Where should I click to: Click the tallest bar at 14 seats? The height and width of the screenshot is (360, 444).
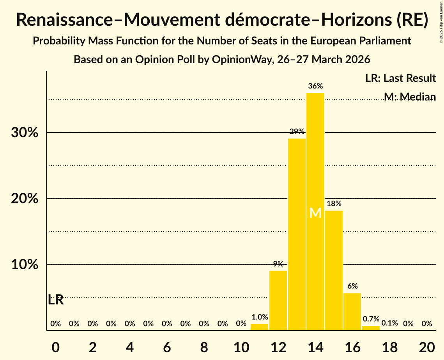315,212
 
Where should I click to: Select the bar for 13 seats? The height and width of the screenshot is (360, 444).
297,234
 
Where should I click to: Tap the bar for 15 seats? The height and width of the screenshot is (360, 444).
334,270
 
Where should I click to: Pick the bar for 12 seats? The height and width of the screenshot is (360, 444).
278,300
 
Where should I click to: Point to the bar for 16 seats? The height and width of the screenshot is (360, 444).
352,312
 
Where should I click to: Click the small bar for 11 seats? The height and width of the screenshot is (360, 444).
259,327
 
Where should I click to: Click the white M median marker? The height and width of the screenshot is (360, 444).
315,213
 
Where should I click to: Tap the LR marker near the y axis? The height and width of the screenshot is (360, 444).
56,300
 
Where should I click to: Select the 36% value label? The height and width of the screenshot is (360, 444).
315,86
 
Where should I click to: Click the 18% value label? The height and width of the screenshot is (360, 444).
334,203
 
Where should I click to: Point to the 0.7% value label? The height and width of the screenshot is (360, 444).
371,319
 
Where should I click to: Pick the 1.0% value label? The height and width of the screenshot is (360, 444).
260,317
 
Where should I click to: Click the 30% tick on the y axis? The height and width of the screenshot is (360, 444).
25,132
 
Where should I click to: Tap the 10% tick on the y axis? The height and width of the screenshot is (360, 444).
25,265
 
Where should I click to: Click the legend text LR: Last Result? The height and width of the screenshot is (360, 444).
400,78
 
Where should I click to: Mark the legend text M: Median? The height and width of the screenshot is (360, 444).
410,97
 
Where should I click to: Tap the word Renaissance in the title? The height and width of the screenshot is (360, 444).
65,20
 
